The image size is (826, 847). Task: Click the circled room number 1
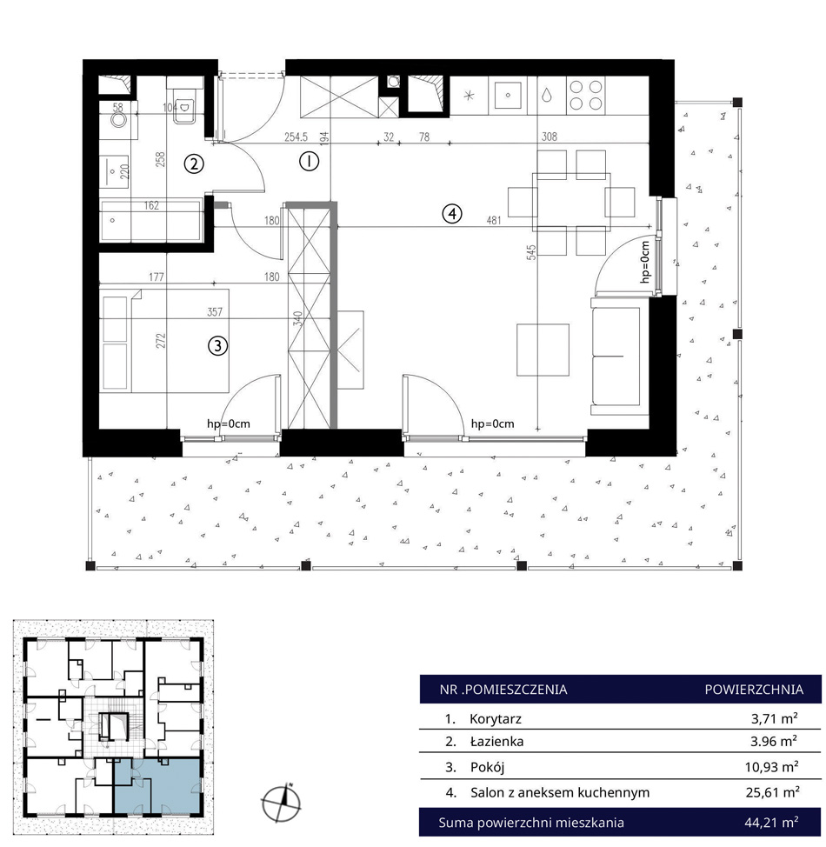point(309,161)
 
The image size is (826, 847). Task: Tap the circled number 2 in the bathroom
point(194,163)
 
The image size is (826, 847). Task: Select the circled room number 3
point(217,346)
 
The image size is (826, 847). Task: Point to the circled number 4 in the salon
point(452,214)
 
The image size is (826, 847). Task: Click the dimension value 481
point(494,220)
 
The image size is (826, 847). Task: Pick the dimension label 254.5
point(296,137)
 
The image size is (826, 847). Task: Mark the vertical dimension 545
point(531,253)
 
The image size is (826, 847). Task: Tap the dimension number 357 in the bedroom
point(215,312)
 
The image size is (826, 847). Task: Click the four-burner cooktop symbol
point(586,95)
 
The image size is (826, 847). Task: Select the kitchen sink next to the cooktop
point(508,95)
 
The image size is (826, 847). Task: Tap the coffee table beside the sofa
point(543,350)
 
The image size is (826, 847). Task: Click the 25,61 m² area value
point(772,792)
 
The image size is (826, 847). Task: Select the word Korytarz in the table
point(496,719)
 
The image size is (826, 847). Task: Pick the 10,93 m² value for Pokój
point(772,766)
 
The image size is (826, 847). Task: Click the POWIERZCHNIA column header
point(754,690)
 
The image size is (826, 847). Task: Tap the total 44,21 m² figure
point(771,823)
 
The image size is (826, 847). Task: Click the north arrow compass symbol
point(282,803)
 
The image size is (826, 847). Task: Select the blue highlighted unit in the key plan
point(157,786)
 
